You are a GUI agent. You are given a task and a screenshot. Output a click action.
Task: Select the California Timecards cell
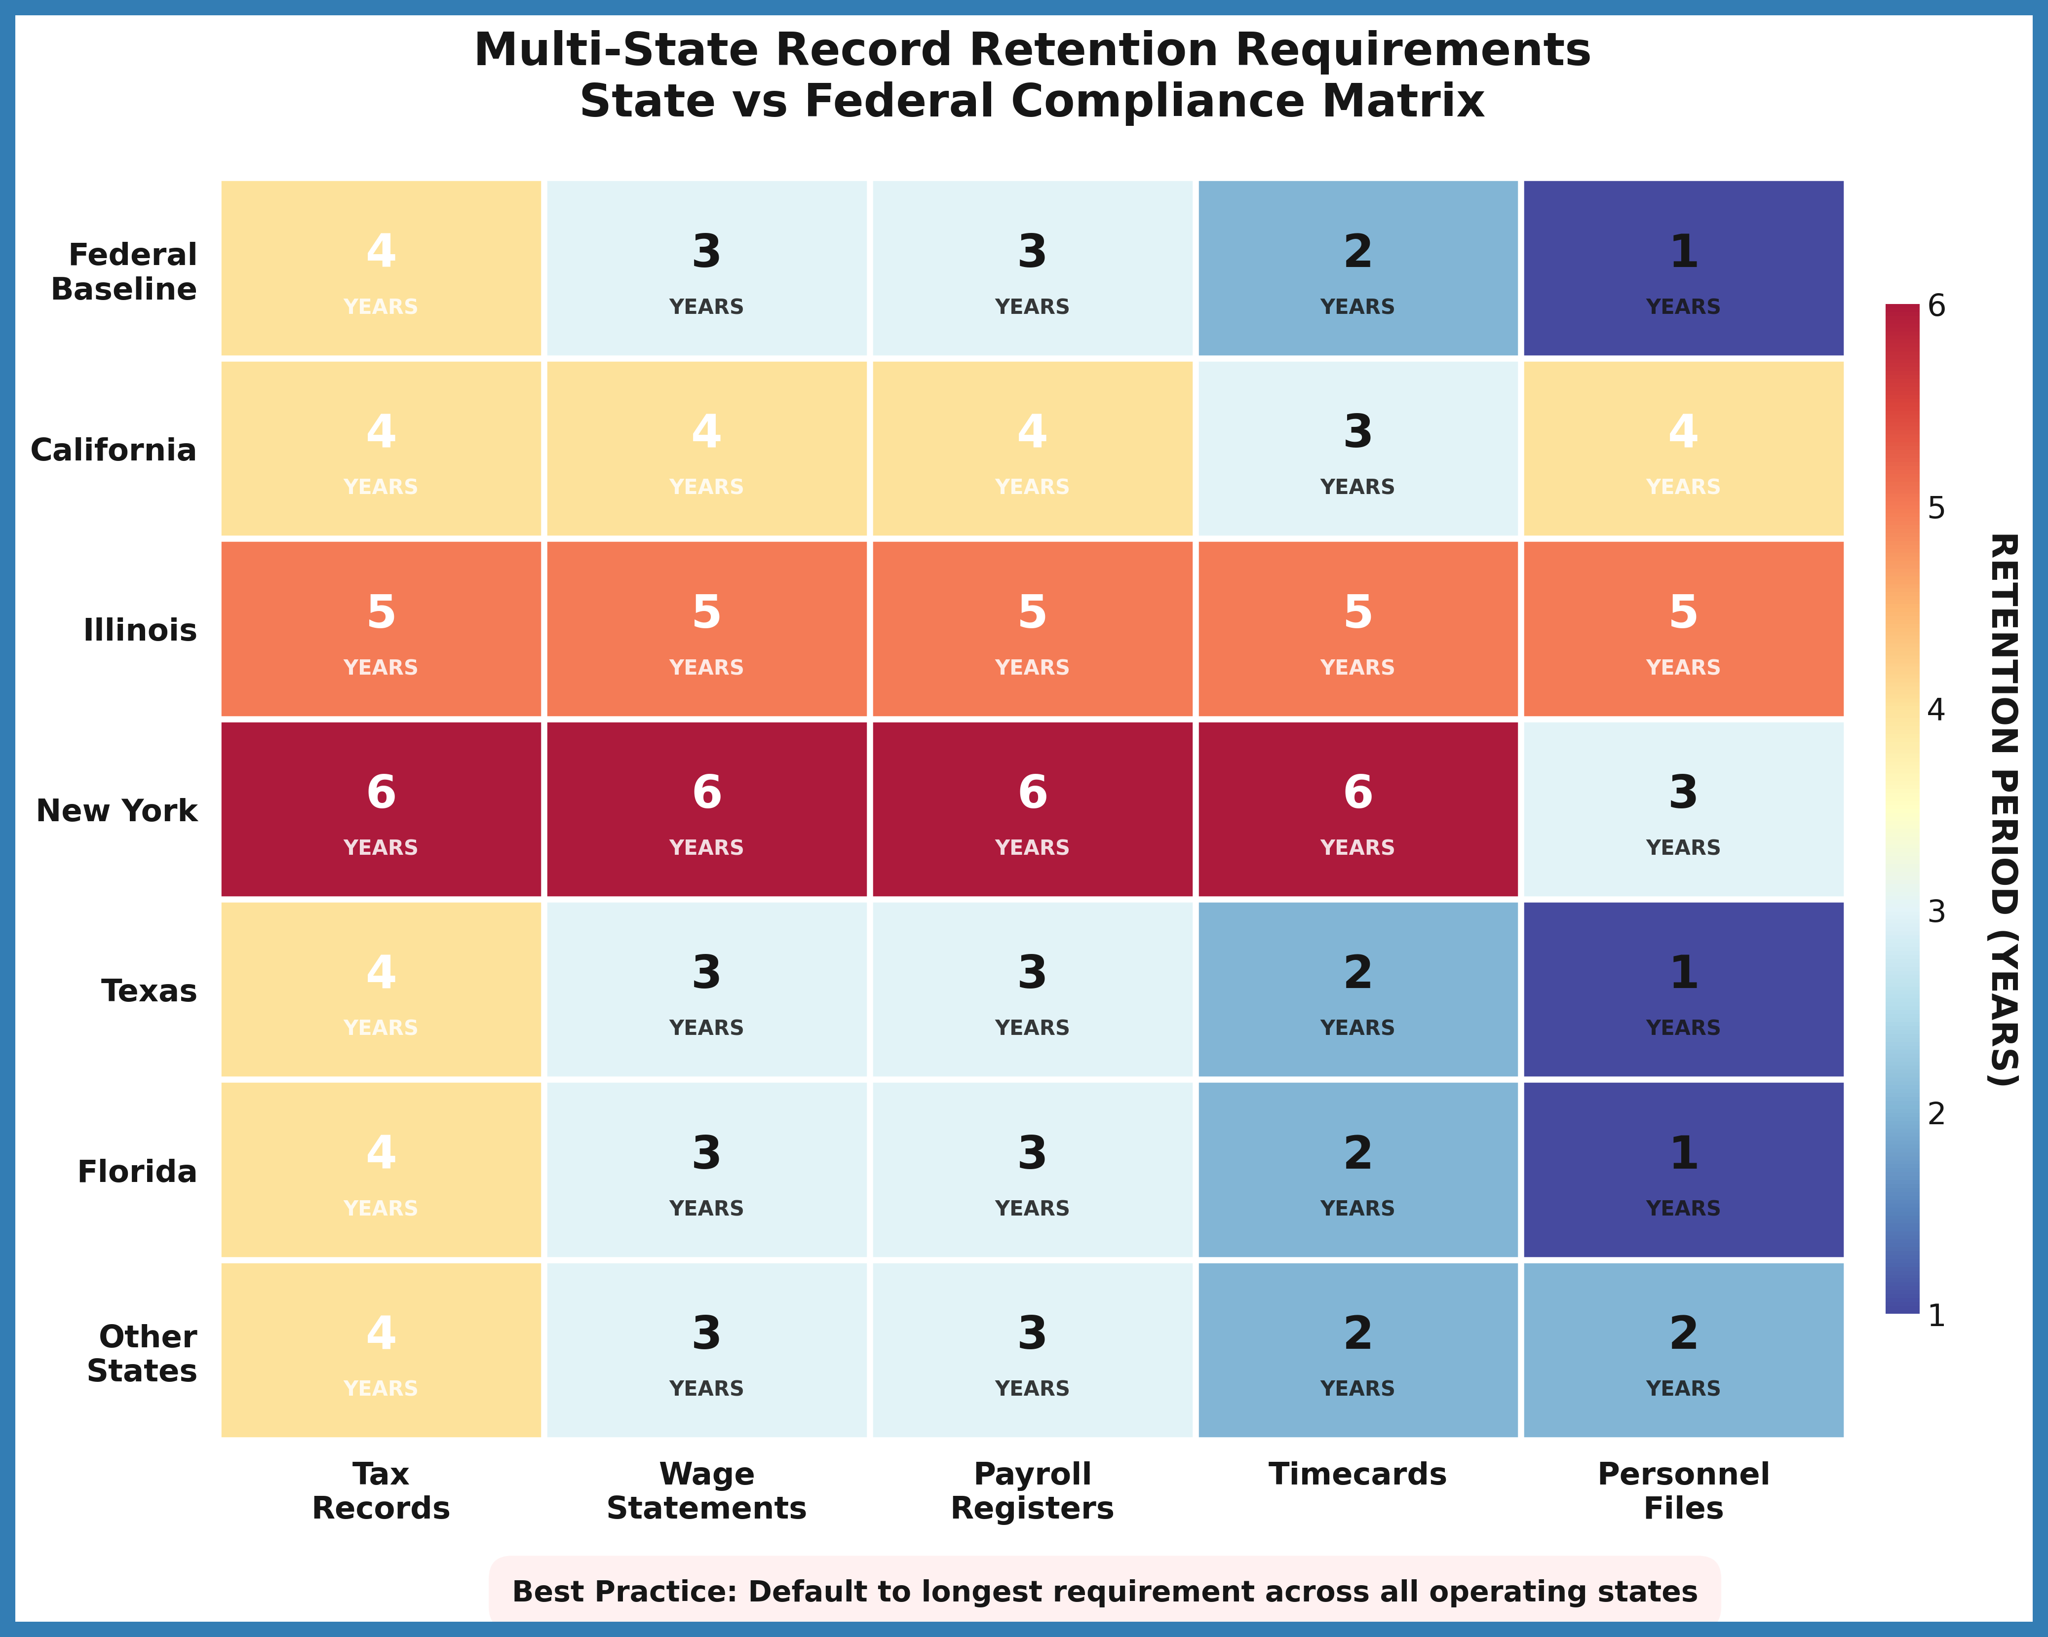[x=1357, y=448]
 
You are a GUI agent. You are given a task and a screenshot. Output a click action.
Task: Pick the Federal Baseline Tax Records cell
[x=381, y=268]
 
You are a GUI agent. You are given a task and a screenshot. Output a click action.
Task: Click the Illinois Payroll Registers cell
[x=1032, y=629]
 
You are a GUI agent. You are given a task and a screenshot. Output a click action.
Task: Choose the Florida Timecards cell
[x=1357, y=1170]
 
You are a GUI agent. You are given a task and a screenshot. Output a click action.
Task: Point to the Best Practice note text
[x=1104, y=1592]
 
